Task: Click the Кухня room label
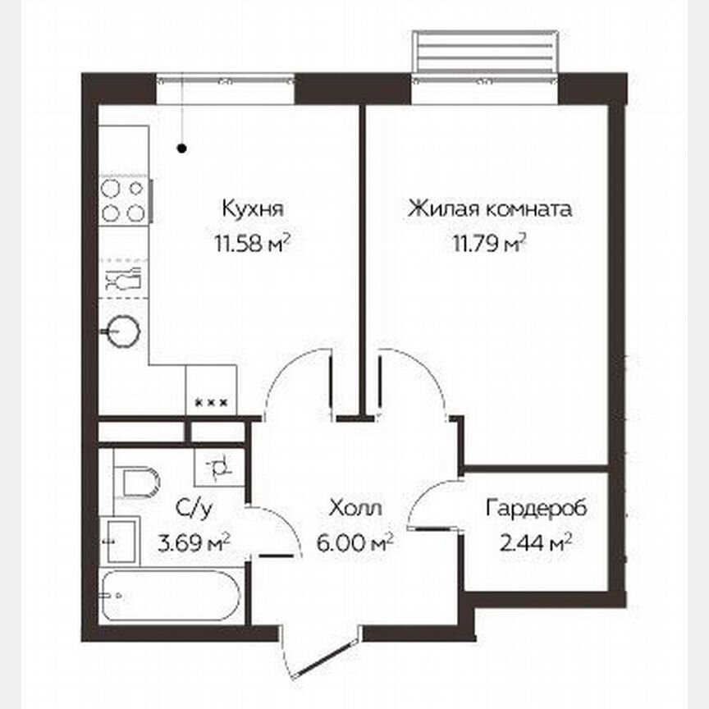(x=252, y=209)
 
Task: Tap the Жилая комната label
(x=490, y=209)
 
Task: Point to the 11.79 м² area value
(x=490, y=243)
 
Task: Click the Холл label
(x=354, y=508)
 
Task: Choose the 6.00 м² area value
(x=354, y=542)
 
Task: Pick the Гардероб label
(x=536, y=508)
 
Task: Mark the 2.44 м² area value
(x=536, y=542)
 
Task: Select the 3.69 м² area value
(x=192, y=542)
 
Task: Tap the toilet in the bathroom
(x=132, y=482)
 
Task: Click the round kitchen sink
(x=123, y=332)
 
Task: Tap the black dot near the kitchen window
(x=182, y=149)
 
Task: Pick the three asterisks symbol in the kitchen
(x=212, y=402)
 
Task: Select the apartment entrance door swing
(x=316, y=648)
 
